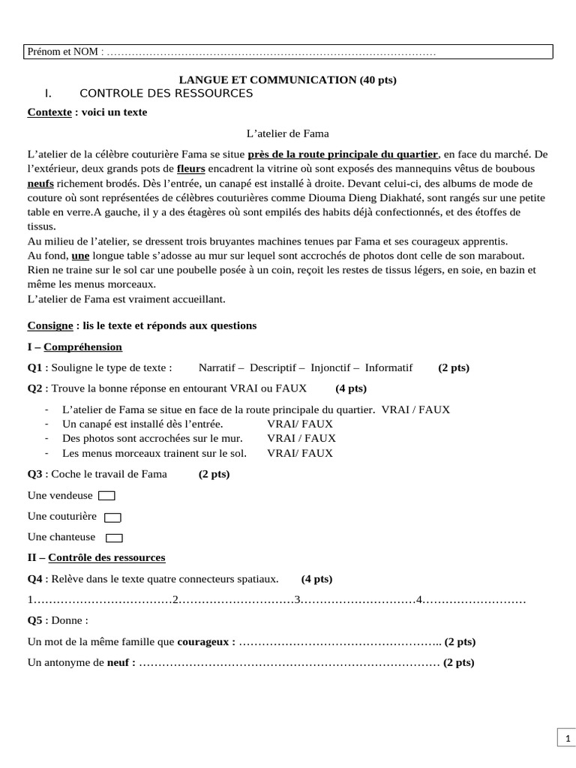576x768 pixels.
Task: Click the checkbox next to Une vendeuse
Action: point(107,496)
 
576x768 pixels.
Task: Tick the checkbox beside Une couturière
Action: point(112,517)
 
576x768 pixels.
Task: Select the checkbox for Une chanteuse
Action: point(115,538)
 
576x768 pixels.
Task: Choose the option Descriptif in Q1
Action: point(273,368)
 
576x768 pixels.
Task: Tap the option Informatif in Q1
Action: point(388,368)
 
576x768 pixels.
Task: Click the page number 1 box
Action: point(566,739)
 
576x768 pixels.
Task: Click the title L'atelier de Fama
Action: point(288,133)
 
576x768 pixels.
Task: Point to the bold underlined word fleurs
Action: point(190,169)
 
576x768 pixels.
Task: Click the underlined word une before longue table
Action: point(80,256)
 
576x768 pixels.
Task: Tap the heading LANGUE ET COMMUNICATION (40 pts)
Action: point(287,80)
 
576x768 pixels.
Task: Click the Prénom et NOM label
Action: point(65,52)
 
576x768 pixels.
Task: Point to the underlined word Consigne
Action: point(49,326)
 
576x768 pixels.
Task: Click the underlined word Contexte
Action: point(49,112)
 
